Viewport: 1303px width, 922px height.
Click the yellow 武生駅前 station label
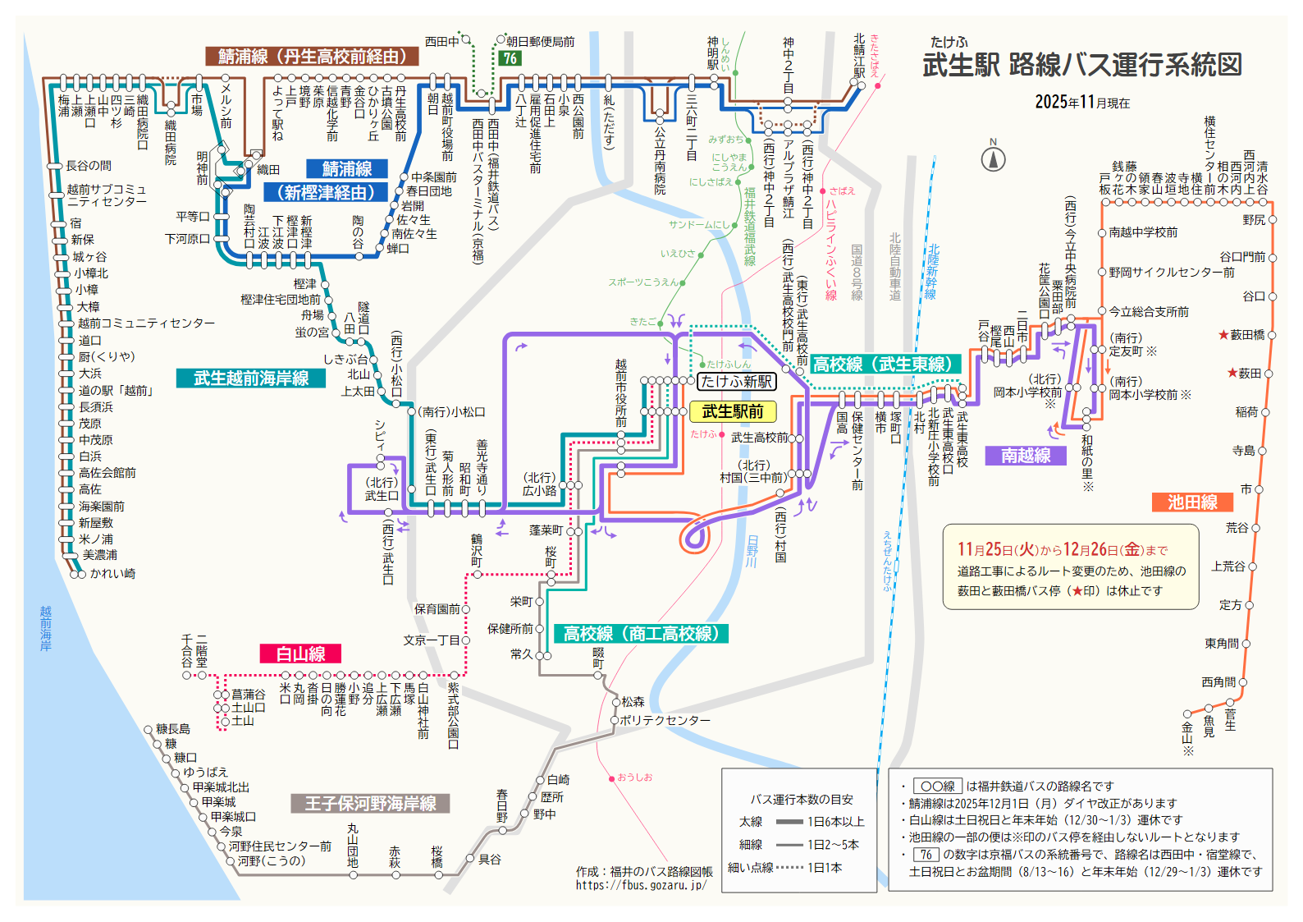[732, 411]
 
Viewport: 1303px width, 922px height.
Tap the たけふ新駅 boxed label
[736, 382]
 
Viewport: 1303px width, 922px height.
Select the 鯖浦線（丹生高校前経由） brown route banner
[312, 56]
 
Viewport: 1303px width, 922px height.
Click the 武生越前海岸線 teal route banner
[251, 378]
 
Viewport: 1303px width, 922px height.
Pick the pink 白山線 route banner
[300, 654]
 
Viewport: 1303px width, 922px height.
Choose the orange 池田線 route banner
[1192, 502]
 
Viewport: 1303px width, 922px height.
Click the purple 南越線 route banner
[1026, 455]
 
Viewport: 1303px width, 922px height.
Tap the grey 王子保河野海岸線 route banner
[370, 803]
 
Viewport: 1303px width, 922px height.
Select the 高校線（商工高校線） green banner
[642, 633]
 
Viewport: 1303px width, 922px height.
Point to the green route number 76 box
[510, 58]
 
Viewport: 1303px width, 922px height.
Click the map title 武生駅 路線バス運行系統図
[1082, 65]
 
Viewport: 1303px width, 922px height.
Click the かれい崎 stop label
[112, 573]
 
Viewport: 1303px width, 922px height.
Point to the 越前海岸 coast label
[46, 628]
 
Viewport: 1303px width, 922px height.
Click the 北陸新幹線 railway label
[932, 271]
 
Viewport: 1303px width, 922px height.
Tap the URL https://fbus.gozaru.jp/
[640, 885]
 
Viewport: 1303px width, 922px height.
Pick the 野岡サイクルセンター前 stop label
[1171, 272]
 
